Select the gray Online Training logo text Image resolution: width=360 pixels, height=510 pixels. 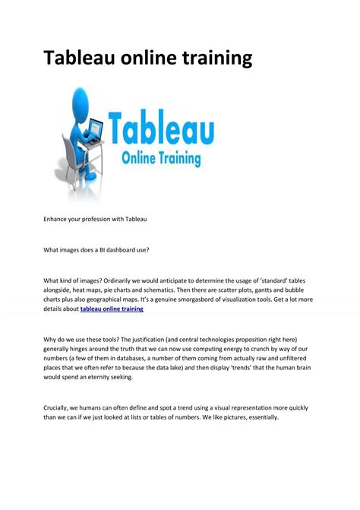162,160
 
